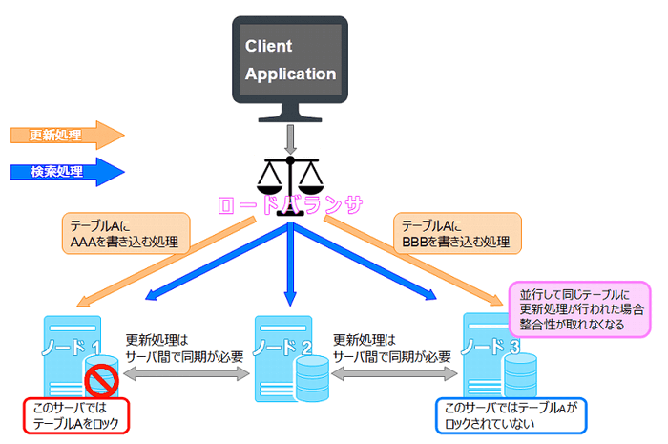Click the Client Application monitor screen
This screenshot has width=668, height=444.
click(290, 58)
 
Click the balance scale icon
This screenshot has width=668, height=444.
click(291, 178)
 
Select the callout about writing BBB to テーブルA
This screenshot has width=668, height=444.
click(459, 235)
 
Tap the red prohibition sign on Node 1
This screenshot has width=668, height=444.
click(103, 382)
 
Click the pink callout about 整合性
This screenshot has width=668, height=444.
click(578, 308)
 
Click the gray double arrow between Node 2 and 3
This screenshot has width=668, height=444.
click(391, 376)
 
